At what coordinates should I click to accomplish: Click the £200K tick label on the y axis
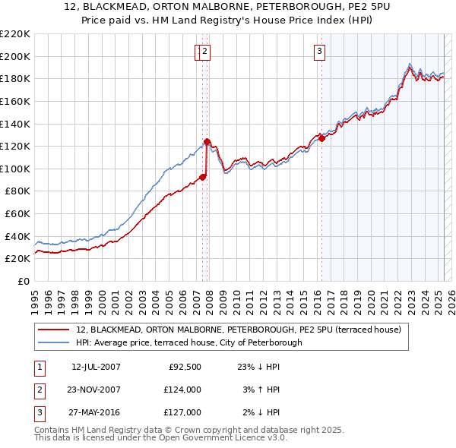(15, 56)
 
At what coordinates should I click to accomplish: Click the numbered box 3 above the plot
(319, 52)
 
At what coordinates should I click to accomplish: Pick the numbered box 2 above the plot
(205, 52)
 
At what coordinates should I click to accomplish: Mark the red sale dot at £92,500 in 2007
(203, 177)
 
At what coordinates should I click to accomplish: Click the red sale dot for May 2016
(321, 138)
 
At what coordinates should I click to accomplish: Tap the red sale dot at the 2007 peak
(207, 141)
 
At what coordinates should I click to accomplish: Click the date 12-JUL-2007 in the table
(96, 367)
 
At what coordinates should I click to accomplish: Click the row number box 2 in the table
(39, 390)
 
